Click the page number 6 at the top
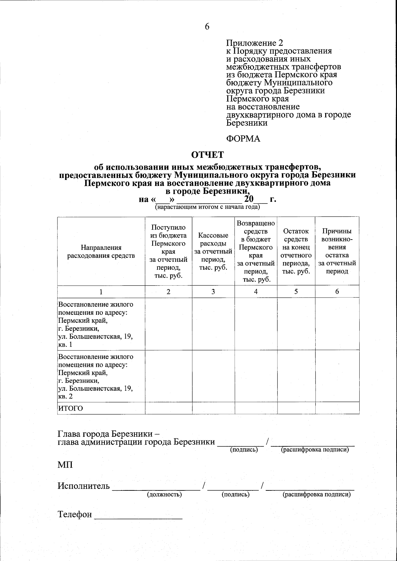click(207, 27)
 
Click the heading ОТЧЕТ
click(208, 155)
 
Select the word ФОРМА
click(243, 139)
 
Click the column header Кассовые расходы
click(213, 251)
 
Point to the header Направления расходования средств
click(101, 252)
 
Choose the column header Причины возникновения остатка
click(337, 251)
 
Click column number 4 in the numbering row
click(256, 292)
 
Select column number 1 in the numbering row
click(101, 292)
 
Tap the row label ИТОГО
click(71, 408)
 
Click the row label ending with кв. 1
click(96, 324)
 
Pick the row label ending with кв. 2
click(96, 376)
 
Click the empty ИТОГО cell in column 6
click(337, 408)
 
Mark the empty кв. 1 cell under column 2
click(168, 324)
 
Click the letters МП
click(65, 465)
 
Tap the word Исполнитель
click(83, 486)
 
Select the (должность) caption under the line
click(164, 494)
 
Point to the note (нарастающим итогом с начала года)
click(207, 207)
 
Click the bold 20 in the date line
click(248, 199)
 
